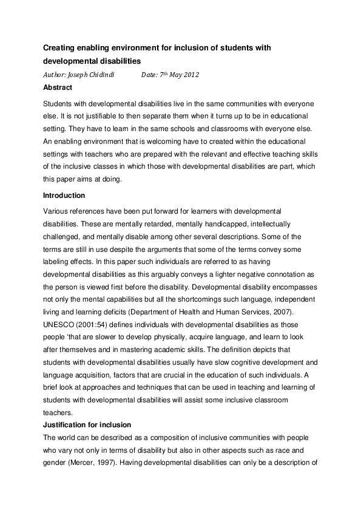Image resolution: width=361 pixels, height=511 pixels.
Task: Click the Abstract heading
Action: pyautogui.click(x=58, y=87)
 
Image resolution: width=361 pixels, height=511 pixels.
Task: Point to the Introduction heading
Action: pyautogui.click(x=64, y=195)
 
